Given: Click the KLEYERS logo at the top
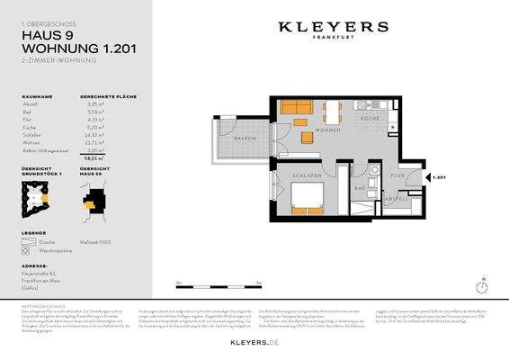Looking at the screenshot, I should click(x=334, y=29).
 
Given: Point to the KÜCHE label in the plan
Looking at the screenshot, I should click(x=370, y=118).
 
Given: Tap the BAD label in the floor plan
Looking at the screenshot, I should click(x=360, y=187).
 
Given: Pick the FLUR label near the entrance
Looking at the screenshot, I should click(x=397, y=176).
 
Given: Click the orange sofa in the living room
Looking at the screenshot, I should click(x=295, y=108).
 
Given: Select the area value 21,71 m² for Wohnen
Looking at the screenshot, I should click(x=94, y=142).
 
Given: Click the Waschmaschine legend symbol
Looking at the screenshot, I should click(x=26, y=248).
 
